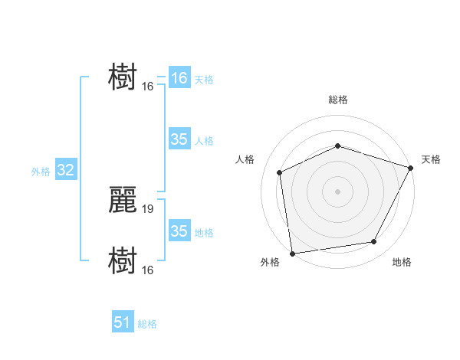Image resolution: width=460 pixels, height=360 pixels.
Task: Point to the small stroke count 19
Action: click(x=148, y=208)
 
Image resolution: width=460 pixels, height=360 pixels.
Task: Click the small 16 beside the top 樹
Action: click(x=148, y=86)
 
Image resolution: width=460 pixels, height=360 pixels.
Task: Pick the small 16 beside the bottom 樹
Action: click(x=148, y=270)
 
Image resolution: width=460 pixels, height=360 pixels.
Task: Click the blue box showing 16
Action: click(x=179, y=78)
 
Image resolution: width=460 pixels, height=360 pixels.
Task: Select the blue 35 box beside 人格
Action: click(x=179, y=139)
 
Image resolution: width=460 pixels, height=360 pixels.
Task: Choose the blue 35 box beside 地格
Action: click(x=179, y=231)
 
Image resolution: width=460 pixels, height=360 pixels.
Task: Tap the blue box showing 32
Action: click(x=65, y=170)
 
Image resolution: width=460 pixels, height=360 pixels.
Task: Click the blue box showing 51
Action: click(x=123, y=322)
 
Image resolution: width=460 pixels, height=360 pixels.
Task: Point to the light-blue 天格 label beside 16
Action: click(x=204, y=80)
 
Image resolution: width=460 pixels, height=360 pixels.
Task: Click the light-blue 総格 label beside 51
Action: click(x=147, y=324)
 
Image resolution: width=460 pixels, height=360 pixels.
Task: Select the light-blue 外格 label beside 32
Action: click(x=41, y=172)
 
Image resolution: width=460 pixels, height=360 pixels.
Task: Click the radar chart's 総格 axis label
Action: click(x=338, y=100)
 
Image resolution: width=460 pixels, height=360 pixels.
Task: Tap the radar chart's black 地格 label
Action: click(x=402, y=263)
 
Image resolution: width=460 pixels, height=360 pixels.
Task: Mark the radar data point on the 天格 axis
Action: click(x=411, y=168)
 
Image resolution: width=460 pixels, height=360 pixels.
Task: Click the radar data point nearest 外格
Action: click(x=292, y=253)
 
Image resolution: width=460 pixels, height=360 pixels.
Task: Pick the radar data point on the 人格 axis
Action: click(x=280, y=172)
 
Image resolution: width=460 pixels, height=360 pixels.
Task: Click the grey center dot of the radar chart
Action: click(x=337, y=191)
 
